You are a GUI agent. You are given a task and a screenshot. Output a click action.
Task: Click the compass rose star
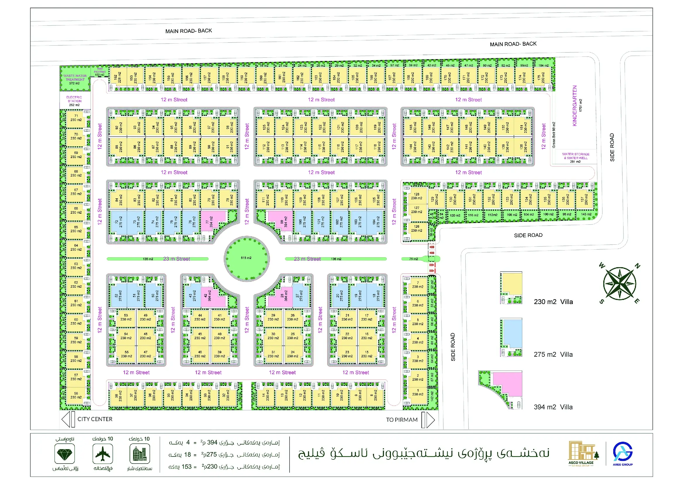pos(619,283)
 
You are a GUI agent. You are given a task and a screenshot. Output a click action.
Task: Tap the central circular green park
pos(247,258)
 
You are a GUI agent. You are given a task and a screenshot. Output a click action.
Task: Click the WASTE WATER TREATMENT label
pos(75,79)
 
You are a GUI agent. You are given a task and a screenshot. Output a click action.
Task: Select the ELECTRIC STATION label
pos(74,101)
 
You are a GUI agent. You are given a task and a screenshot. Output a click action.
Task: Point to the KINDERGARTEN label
pos(575,106)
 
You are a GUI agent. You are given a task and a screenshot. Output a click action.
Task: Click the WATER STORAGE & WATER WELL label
pos(575,157)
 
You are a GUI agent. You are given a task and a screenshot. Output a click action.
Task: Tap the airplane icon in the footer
pos(103,454)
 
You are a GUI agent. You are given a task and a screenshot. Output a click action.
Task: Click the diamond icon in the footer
pos(65,454)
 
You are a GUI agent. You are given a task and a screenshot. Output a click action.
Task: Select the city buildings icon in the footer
pos(140,454)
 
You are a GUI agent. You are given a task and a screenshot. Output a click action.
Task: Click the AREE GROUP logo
pos(623,453)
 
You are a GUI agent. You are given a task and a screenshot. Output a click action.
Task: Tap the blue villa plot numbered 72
pos(118,222)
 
